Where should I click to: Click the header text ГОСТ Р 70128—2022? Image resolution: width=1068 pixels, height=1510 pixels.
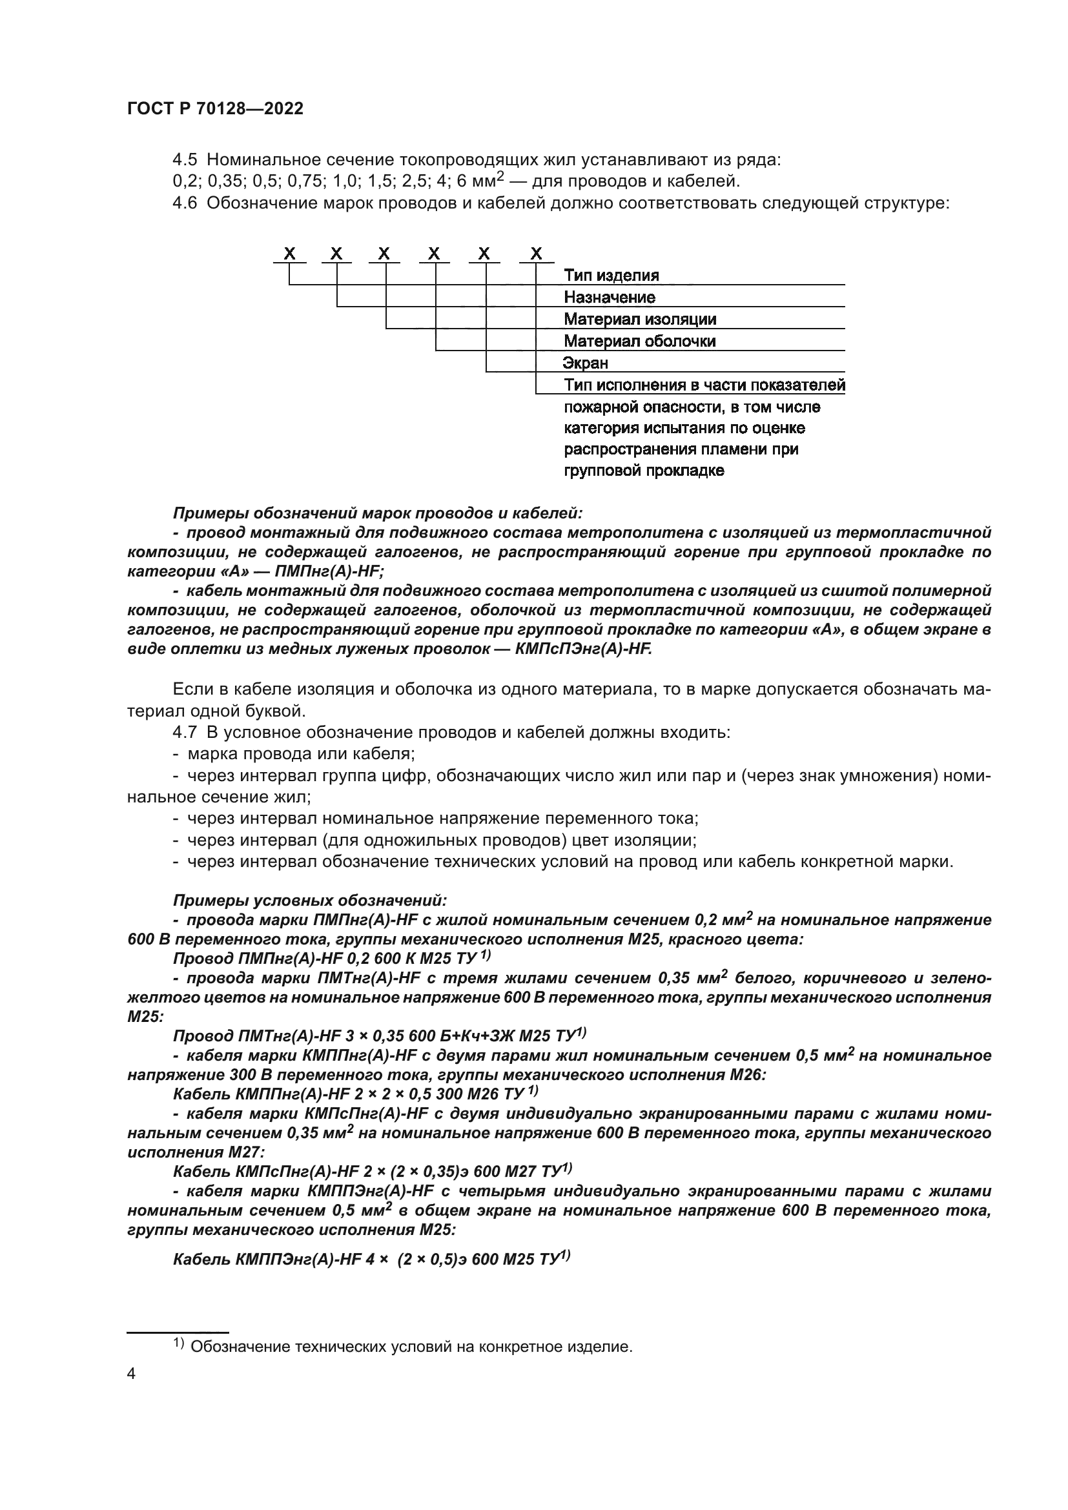pos(215,109)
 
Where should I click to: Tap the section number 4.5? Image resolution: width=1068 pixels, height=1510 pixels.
pos(184,160)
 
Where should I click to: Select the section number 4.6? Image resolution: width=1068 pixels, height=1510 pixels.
pos(184,203)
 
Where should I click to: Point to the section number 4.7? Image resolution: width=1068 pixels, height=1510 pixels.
pos(184,732)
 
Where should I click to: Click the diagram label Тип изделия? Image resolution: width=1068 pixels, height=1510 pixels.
pos(611,276)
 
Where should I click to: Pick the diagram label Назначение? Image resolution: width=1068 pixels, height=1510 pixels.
pos(609,297)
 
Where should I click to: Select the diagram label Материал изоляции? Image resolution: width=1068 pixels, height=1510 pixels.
pos(640,320)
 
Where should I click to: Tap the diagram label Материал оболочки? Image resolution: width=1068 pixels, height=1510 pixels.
pos(639,342)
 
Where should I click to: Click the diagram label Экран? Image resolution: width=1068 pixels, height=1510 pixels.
pos(585,363)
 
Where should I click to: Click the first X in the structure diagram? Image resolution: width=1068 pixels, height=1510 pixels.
pos(289,254)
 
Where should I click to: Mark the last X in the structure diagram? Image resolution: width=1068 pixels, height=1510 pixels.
pos(536,254)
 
